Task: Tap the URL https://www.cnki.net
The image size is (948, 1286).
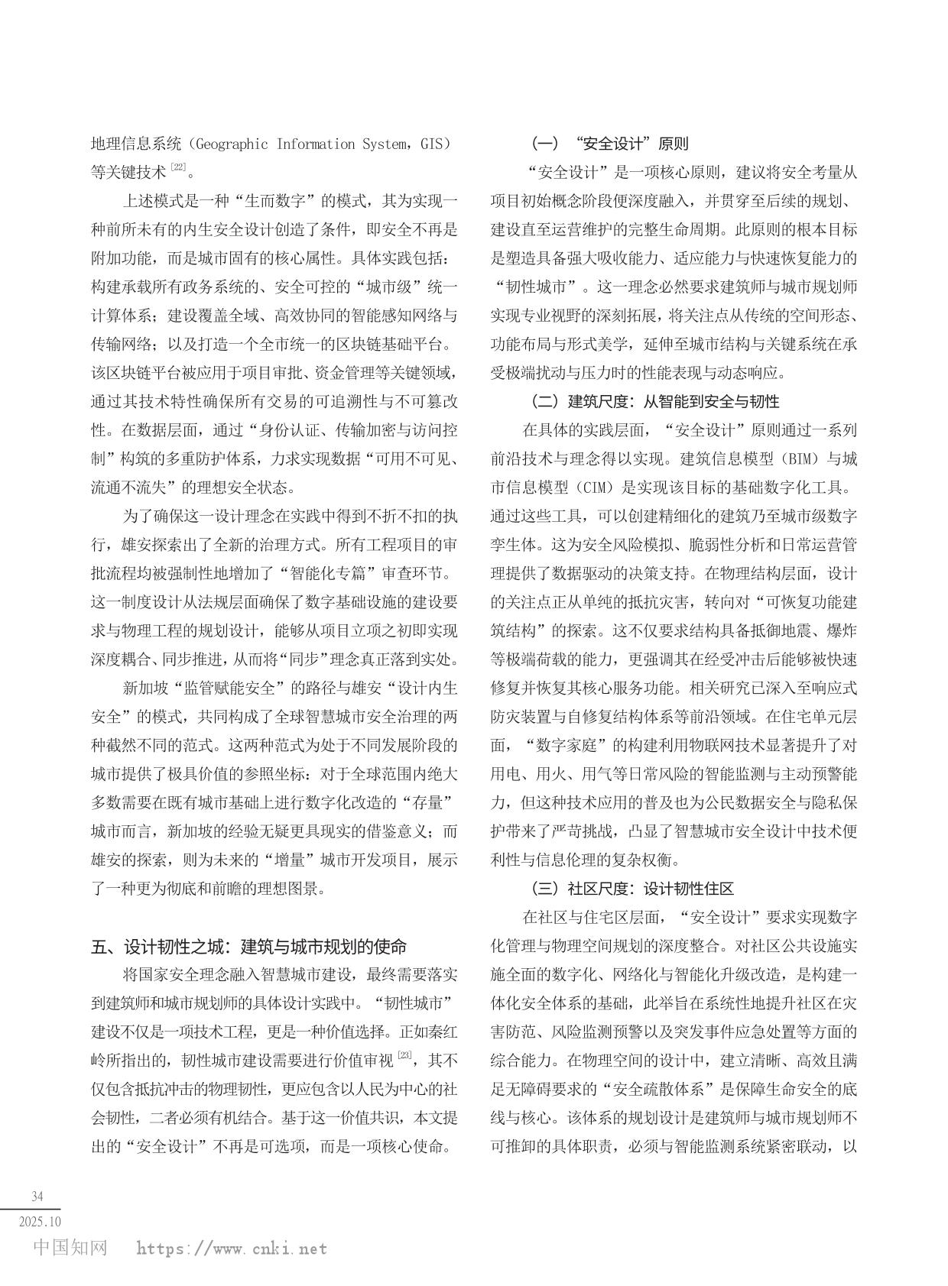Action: coord(232,1249)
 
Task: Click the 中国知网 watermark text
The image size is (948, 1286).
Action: coord(71,1248)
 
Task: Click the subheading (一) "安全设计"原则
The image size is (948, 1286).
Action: coord(609,144)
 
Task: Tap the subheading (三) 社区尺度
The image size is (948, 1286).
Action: coord(632,889)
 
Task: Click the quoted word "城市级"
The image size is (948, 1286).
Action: coord(380,287)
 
